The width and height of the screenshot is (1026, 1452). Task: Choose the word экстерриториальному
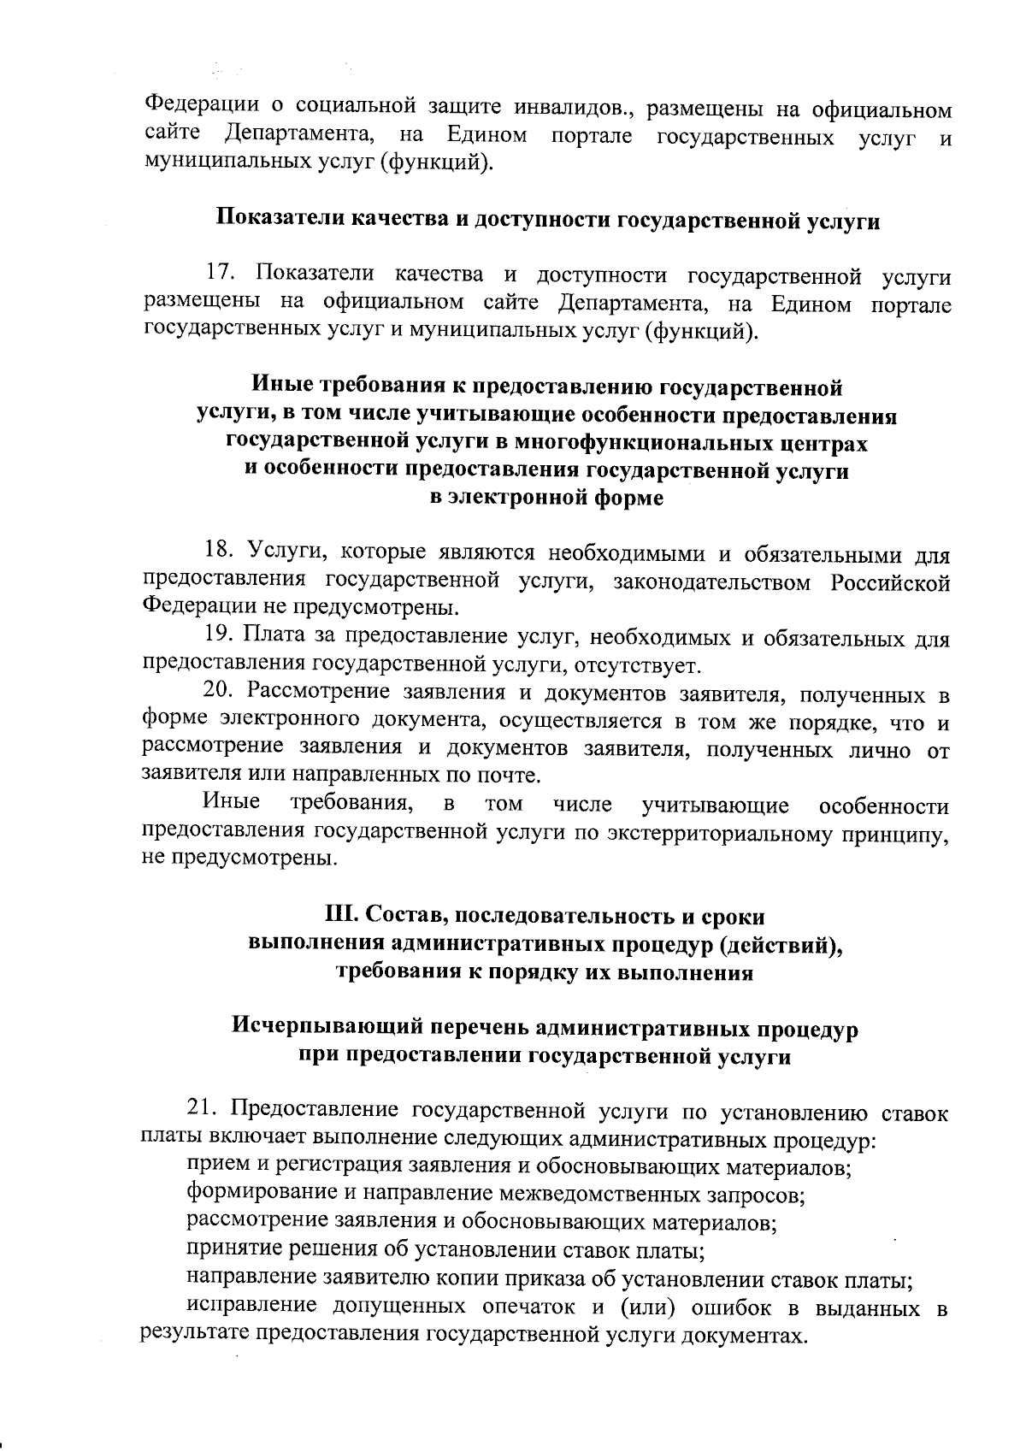click(x=742, y=831)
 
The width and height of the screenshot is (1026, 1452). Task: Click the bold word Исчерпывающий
click(x=326, y=1026)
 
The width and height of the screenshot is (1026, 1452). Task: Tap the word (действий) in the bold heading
click(x=781, y=943)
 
